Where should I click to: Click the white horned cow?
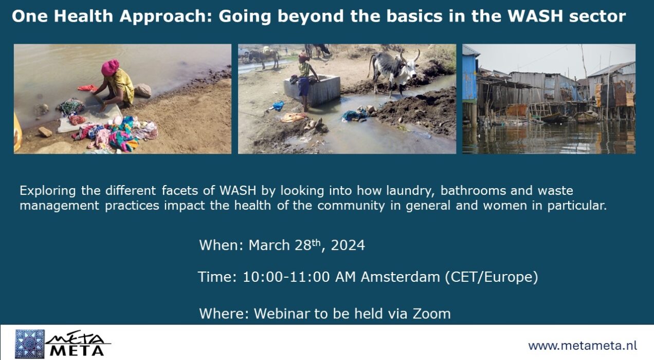[x=393, y=70]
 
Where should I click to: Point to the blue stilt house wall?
[x=469, y=77]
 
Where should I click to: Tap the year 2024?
[x=348, y=245]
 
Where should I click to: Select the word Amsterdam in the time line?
[x=401, y=277]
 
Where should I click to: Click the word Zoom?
[x=431, y=314]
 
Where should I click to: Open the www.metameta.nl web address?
[x=583, y=346]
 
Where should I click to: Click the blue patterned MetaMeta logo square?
[x=30, y=344]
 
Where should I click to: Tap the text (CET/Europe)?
[x=492, y=277]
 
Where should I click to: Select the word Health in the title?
[x=83, y=16]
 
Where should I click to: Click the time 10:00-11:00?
[x=286, y=277]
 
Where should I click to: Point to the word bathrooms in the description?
[x=473, y=191]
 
